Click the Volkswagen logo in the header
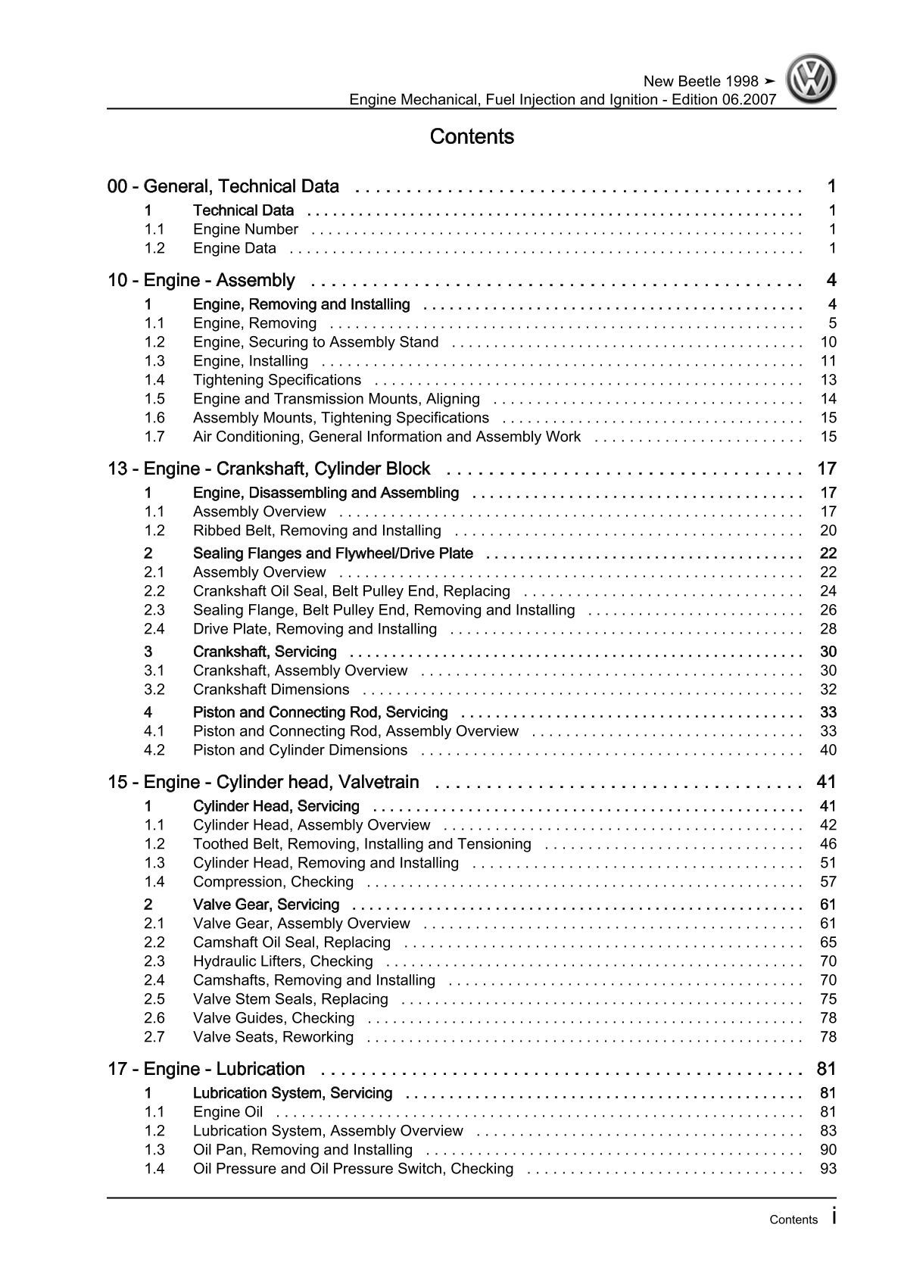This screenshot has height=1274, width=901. [x=810, y=79]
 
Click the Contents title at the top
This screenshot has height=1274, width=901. [x=472, y=137]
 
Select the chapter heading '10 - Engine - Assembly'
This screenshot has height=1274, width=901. [x=201, y=281]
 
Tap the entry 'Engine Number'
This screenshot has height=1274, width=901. [x=245, y=229]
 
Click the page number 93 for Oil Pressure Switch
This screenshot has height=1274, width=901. [x=828, y=1169]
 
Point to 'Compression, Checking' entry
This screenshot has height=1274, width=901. [x=273, y=882]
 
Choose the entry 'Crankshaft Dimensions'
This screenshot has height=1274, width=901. [x=271, y=690]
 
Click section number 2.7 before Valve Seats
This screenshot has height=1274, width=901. [x=154, y=1037]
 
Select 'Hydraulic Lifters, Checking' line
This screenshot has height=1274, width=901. [x=283, y=961]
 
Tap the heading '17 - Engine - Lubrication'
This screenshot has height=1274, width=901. [x=207, y=1069]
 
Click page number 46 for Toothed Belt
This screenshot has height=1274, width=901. [x=828, y=844]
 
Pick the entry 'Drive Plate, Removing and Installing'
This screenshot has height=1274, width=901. [x=315, y=629]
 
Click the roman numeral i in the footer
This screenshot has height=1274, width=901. [x=834, y=1216]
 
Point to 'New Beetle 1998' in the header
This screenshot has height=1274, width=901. [x=700, y=82]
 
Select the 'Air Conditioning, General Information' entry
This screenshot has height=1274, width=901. [x=387, y=437]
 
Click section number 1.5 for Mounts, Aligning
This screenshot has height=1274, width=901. [x=154, y=399]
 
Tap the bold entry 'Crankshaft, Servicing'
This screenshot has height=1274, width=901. [x=265, y=652]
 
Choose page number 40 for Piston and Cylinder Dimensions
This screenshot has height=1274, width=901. [x=828, y=750]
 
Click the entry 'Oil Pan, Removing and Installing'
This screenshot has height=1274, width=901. [x=303, y=1150]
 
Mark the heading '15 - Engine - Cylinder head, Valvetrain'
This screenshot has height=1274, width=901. [x=263, y=782]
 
